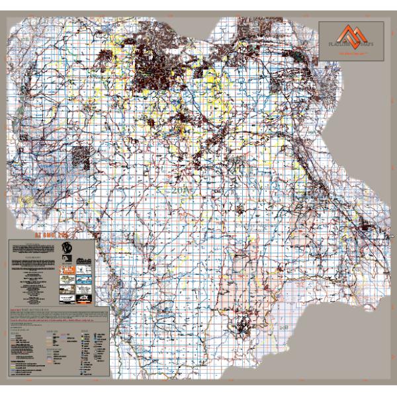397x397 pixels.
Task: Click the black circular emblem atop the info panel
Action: pyautogui.click(x=67, y=248)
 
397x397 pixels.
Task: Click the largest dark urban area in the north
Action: pyautogui.click(x=159, y=73)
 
